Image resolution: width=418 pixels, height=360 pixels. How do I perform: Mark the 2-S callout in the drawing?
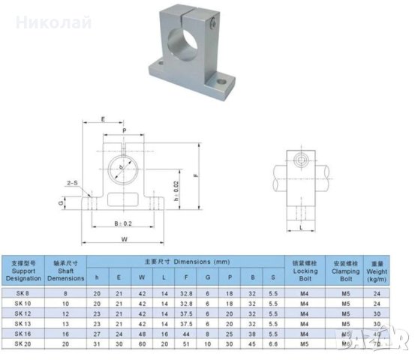pyautogui.click(x=73, y=182)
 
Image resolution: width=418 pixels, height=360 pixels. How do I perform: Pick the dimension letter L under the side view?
pyautogui.click(x=300, y=227)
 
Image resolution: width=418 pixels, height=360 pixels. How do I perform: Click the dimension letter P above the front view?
pyautogui.click(x=124, y=130)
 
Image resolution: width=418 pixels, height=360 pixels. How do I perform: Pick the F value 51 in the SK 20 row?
pyautogui.click(x=185, y=343)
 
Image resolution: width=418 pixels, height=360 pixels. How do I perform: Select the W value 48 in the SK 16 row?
pyautogui.click(x=141, y=332)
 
